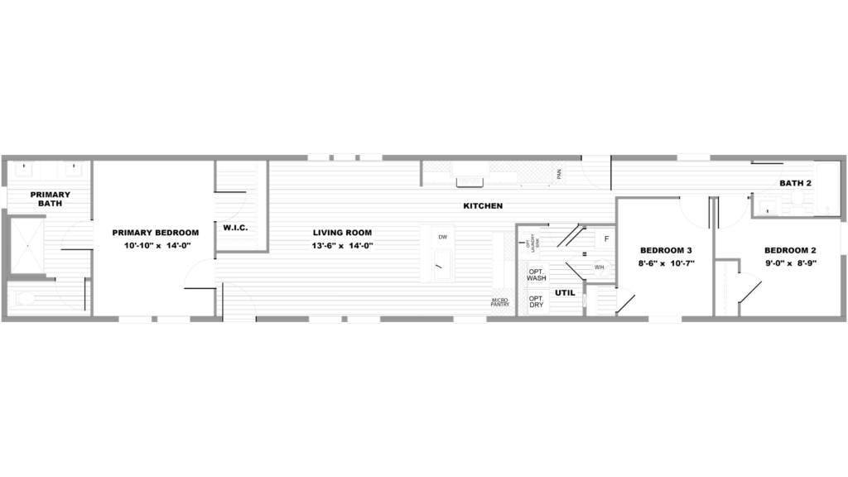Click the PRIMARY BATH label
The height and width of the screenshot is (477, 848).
click(x=50, y=199)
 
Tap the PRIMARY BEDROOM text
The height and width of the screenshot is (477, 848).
click(x=154, y=234)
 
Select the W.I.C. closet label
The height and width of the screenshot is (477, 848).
click(x=234, y=228)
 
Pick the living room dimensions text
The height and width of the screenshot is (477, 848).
click(x=342, y=246)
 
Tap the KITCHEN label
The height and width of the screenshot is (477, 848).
click(x=483, y=206)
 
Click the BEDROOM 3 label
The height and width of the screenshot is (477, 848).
click(x=667, y=252)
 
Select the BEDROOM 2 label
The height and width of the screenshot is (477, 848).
click(x=789, y=251)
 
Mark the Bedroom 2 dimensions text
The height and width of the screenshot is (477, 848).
click(x=789, y=262)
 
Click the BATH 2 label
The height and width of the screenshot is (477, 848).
click(x=794, y=183)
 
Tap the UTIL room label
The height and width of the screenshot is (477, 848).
click(x=566, y=293)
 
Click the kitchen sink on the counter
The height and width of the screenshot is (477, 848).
click(x=470, y=181)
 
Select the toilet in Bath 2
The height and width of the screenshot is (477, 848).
click(x=767, y=206)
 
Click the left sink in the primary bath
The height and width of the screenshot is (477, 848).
click(x=22, y=170)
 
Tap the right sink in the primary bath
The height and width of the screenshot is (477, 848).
click(x=73, y=170)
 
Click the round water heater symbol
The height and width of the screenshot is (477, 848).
click(x=602, y=269)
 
